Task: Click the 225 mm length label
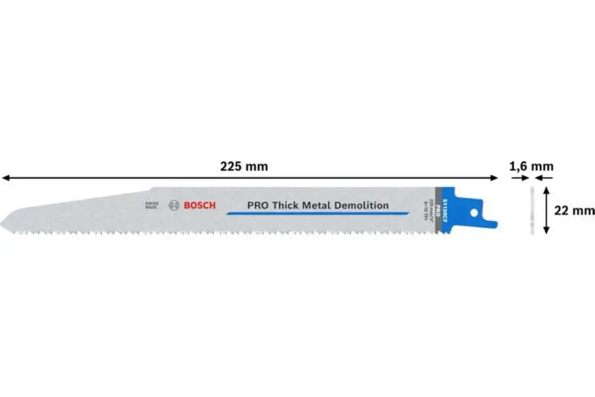[244, 166]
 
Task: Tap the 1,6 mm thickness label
[531, 166]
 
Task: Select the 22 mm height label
[574, 210]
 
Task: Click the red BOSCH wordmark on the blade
[199, 205]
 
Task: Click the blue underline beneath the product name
[317, 214]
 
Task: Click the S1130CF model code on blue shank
[445, 210]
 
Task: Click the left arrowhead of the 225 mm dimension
[5, 178]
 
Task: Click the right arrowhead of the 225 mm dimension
[494, 178]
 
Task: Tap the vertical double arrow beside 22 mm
[546, 210]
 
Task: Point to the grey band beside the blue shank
[439, 211]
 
